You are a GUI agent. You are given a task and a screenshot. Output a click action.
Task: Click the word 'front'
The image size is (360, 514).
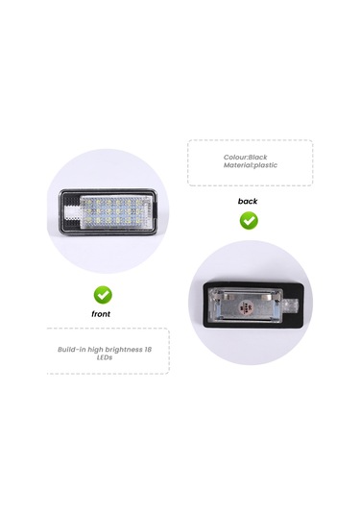pos(102,313)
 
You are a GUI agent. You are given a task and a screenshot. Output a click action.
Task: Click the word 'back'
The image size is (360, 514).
pos(248,201)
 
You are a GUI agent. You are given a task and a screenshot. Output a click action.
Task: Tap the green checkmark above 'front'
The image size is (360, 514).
pos(102,293)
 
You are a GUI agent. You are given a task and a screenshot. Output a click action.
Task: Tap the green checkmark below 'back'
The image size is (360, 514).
pos(248,220)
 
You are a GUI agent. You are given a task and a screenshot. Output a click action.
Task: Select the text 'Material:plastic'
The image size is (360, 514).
pos(250,166)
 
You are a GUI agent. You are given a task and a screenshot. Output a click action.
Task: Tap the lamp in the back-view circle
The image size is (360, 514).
pos(251,306)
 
